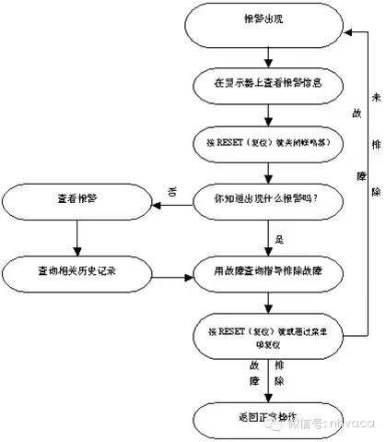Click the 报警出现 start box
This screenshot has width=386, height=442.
266,28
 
